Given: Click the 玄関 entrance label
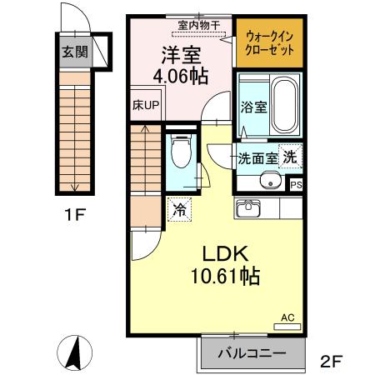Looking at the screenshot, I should (x=74, y=51).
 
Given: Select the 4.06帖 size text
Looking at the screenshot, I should (x=180, y=77).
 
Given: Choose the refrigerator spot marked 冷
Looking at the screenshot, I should (x=178, y=210).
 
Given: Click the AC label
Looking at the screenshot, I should (x=287, y=317).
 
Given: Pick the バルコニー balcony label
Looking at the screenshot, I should (x=251, y=353).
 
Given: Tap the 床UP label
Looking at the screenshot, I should (x=146, y=107).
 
